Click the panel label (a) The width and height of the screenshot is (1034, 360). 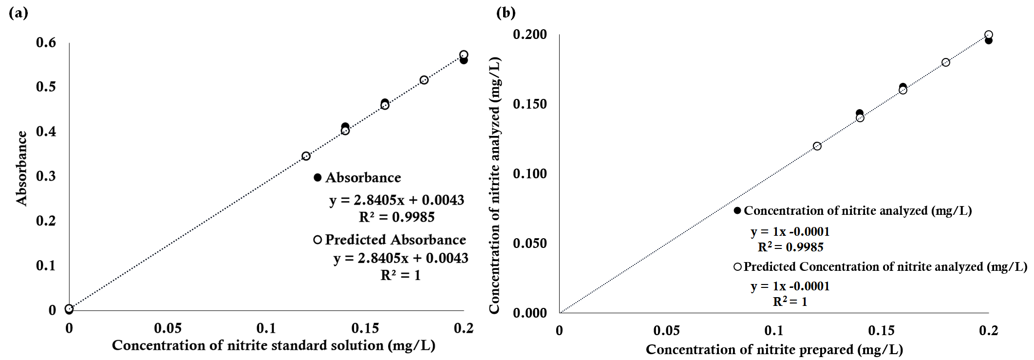click(x=19, y=13)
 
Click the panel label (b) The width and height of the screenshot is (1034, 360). click(x=506, y=13)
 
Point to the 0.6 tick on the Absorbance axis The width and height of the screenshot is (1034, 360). click(x=46, y=42)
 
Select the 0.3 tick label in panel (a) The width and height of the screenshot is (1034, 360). click(x=46, y=176)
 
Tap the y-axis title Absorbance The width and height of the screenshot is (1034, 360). click(x=22, y=169)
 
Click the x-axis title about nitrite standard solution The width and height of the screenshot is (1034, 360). click(x=273, y=345)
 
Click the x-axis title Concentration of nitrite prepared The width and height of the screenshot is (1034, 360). click(x=774, y=349)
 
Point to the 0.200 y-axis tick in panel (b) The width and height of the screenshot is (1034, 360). click(x=529, y=35)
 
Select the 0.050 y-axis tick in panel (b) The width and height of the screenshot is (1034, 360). click(x=529, y=243)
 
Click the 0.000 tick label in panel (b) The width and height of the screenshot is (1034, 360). click(x=529, y=313)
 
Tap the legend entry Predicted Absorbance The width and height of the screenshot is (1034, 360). click(x=395, y=240)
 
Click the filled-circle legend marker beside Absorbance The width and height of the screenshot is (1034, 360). click(x=318, y=178)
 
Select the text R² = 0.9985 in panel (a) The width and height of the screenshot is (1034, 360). click(x=396, y=217)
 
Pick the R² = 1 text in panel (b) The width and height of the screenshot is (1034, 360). click(x=790, y=302)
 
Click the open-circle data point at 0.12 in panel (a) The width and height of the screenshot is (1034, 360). click(x=306, y=156)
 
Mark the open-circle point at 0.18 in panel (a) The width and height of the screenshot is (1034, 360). click(x=424, y=80)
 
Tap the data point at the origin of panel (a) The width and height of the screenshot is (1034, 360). click(x=69, y=309)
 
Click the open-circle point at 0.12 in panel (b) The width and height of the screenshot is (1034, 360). click(x=817, y=146)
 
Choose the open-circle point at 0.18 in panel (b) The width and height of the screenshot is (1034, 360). click(x=945, y=62)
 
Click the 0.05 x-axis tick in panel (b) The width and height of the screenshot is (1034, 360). click(x=666, y=331)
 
